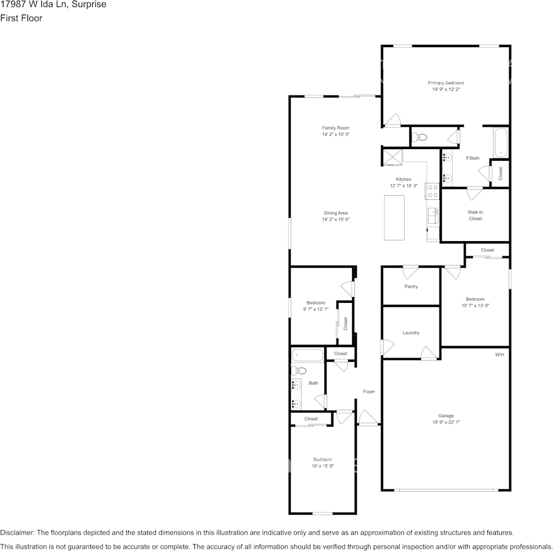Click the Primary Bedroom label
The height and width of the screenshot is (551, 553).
(446, 83)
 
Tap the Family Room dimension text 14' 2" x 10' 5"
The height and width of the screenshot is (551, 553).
(336, 135)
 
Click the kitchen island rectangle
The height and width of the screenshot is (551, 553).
(394, 217)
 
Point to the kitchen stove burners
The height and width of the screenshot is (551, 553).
(433, 191)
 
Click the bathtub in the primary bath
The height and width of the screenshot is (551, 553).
(501, 143)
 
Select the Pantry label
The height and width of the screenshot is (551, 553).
(411, 287)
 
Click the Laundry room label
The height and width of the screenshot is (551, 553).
(411, 333)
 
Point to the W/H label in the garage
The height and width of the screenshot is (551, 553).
(499, 355)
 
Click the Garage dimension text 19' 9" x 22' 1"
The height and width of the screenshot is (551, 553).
(446, 422)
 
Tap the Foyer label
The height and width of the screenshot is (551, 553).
(369, 391)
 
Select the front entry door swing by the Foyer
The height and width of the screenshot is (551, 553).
(368, 417)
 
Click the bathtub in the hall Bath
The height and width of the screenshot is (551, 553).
(306, 354)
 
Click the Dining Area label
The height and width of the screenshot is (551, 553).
(336, 213)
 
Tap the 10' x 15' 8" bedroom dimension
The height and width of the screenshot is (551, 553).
(322, 466)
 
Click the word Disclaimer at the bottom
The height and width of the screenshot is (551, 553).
(17, 532)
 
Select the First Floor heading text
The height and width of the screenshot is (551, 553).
(21, 18)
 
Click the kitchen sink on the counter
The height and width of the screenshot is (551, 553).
(433, 216)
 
